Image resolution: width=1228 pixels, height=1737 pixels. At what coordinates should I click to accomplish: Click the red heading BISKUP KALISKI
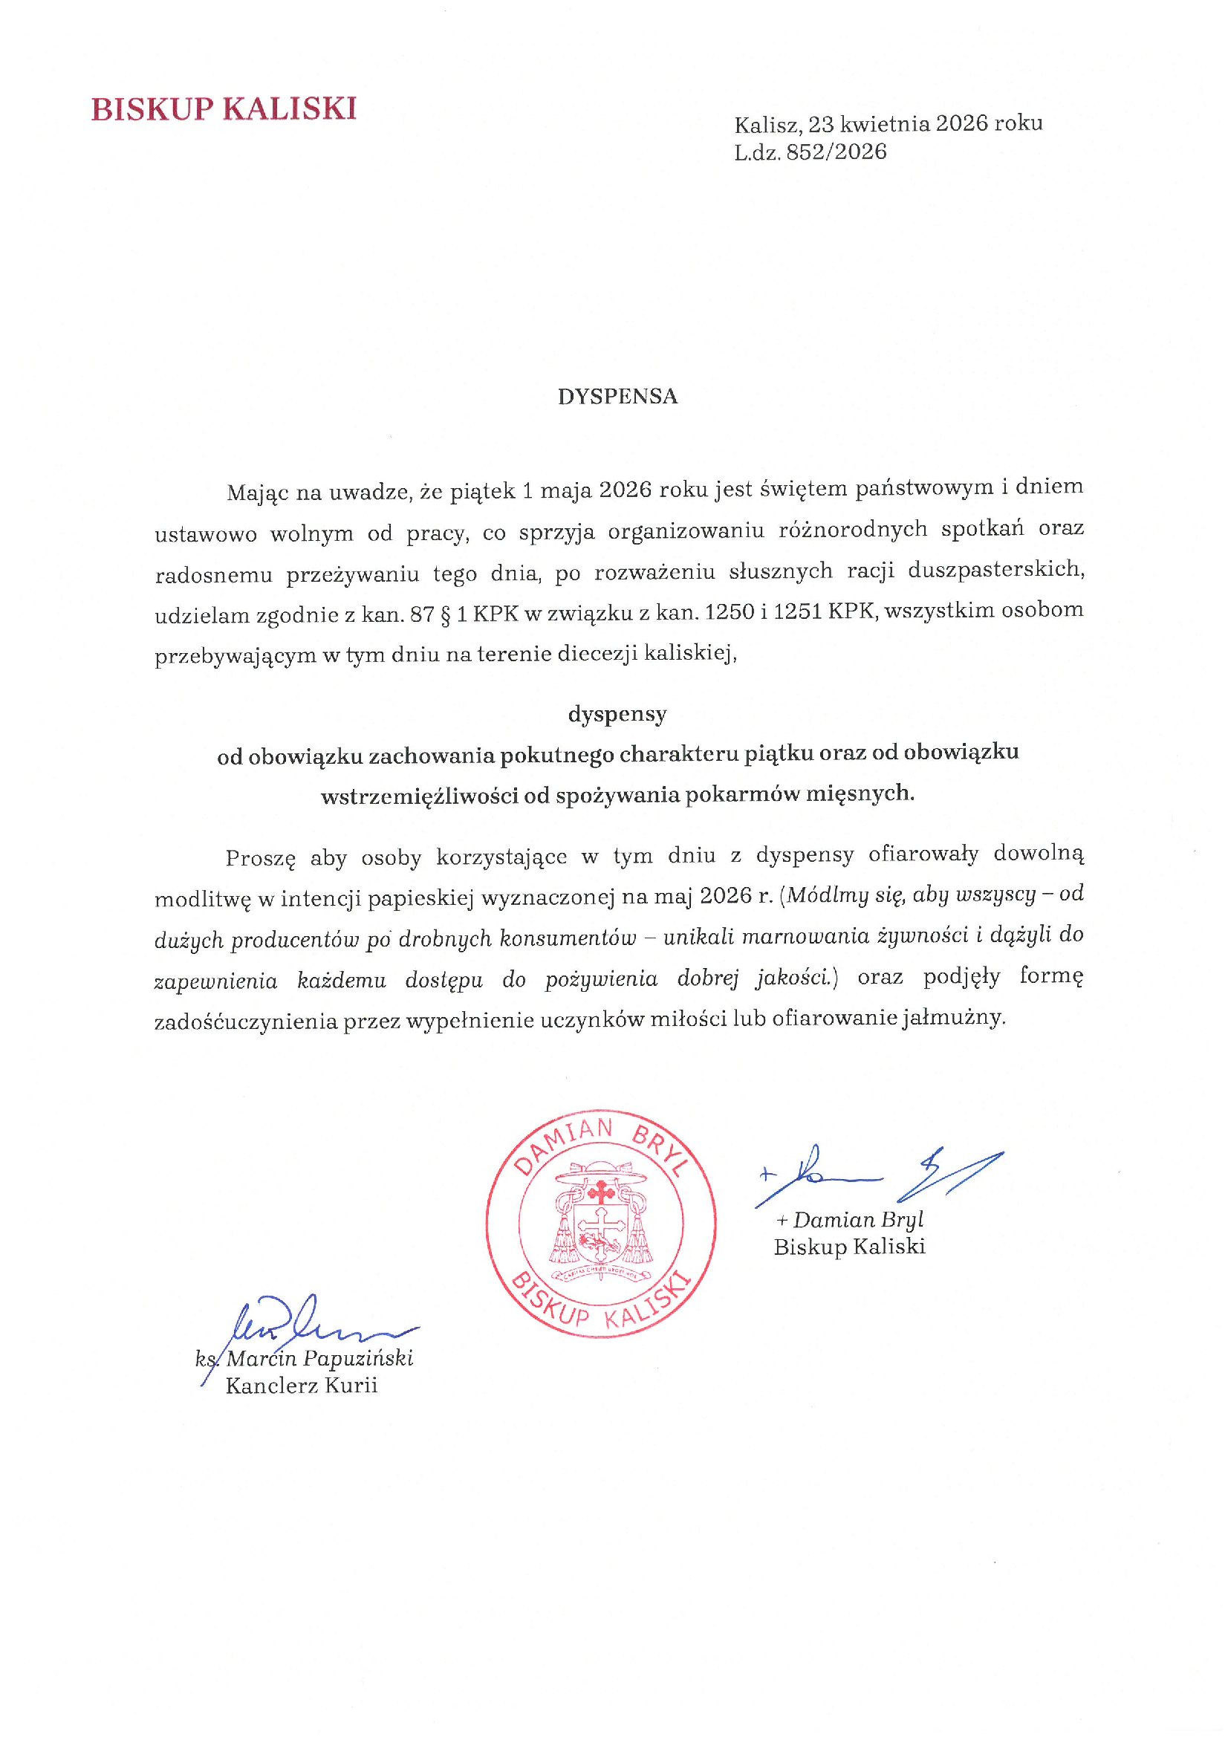tap(223, 110)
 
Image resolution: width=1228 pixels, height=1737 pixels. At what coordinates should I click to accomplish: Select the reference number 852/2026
tap(836, 152)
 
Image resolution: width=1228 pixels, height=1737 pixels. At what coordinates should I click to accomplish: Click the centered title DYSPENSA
tap(617, 397)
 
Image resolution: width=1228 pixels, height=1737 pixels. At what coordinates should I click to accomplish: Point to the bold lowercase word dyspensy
tap(617, 714)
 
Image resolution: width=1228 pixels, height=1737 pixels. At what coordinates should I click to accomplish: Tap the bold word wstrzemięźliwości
tap(419, 796)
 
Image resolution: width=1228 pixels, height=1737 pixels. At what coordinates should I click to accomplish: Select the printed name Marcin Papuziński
tap(319, 1359)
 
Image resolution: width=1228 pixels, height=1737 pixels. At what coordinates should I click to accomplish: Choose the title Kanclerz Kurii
tap(301, 1386)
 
